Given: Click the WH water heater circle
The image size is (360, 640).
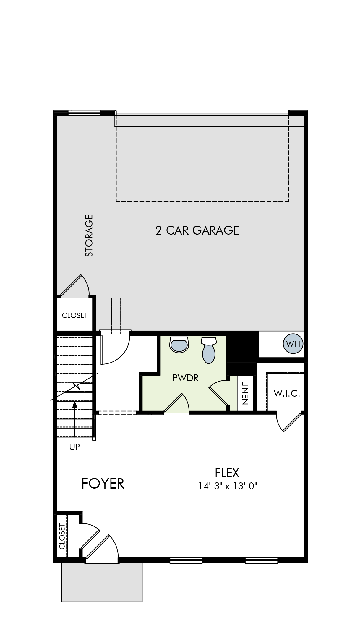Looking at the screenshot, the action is [293, 344].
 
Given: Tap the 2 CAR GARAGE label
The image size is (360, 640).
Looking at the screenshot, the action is [197, 230].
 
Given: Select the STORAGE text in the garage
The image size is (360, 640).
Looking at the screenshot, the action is [89, 236].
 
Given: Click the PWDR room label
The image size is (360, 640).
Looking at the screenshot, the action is [186, 378].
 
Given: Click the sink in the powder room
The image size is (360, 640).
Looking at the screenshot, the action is [179, 344].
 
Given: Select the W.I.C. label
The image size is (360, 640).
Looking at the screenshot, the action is [287, 393].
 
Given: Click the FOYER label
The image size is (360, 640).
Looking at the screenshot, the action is [103, 484].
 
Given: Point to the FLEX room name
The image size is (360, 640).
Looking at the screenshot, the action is [227, 473].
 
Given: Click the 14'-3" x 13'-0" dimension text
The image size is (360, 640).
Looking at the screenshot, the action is [228, 486].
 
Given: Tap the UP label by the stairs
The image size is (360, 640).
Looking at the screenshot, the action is [74, 447].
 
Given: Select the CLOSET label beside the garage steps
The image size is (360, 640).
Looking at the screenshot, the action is [75, 315].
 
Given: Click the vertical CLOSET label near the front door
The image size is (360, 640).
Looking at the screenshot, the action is [62, 536].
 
